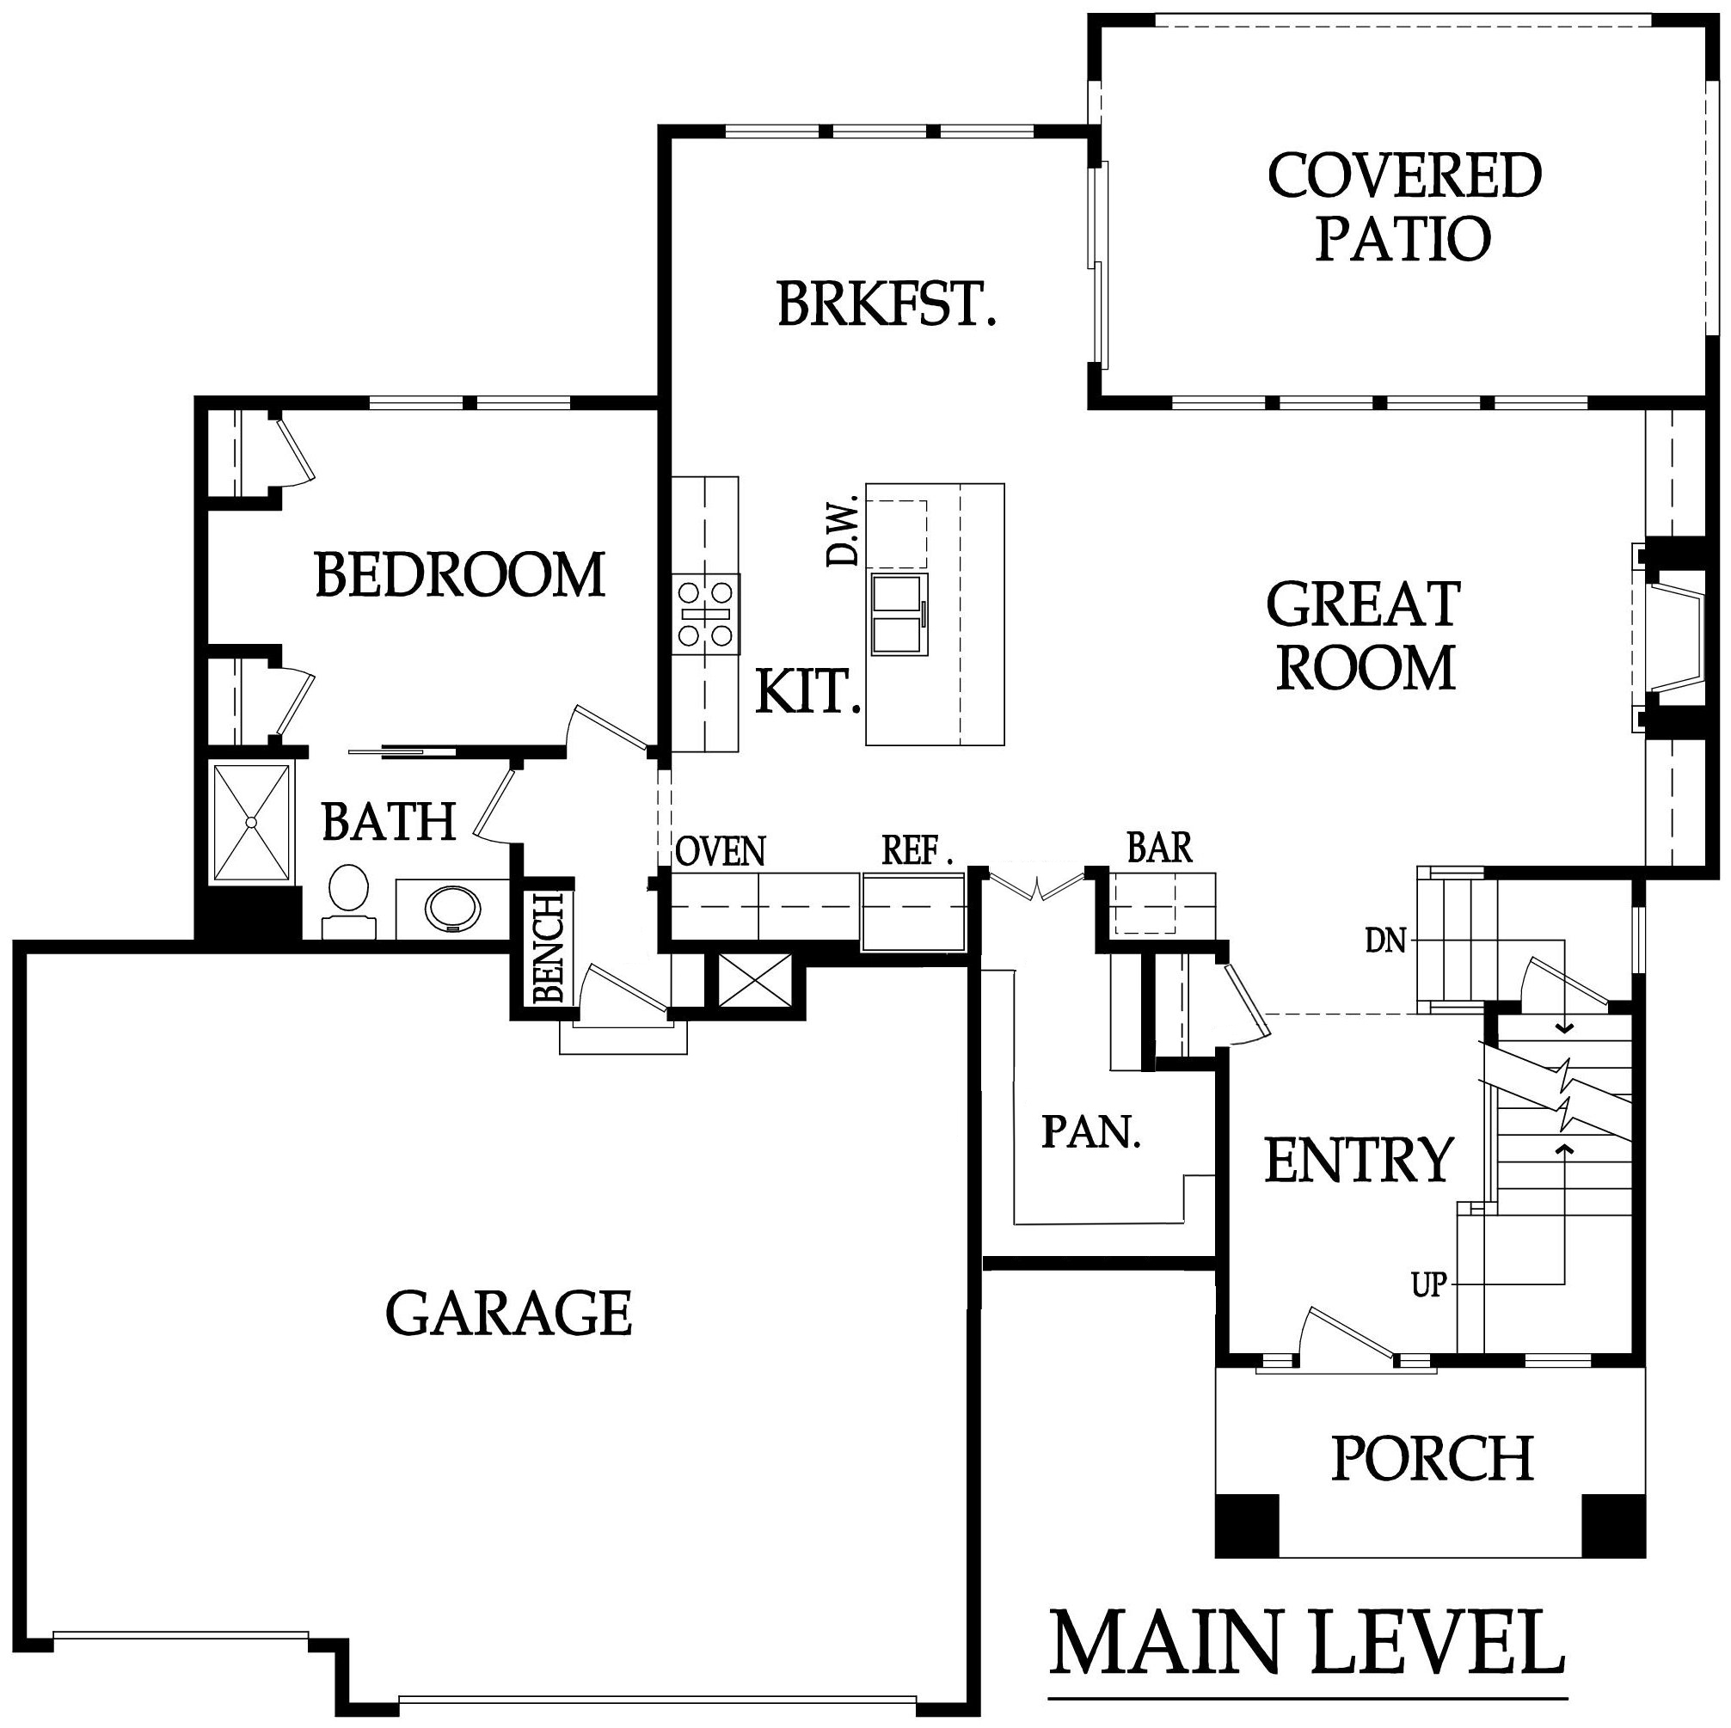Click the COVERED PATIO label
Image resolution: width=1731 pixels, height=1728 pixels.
[1404, 207]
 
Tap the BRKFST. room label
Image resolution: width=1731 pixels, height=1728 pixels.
[886, 303]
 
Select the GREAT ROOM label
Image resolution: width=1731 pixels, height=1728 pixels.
[1364, 635]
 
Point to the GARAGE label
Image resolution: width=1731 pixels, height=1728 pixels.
[509, 1314]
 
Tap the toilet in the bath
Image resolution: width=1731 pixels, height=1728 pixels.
[347, 900]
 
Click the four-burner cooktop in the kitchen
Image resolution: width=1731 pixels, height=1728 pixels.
[707, 615]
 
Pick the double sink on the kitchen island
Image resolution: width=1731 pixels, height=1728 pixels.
[899, 615]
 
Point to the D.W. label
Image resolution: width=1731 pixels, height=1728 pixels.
[842, 532]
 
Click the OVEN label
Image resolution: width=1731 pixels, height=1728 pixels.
[721, 851]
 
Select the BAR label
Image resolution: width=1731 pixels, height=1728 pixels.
[1159, 847]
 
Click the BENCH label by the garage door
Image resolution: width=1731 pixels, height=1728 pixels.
[548, 947]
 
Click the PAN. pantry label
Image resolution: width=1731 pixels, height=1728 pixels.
[1091, 1132]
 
